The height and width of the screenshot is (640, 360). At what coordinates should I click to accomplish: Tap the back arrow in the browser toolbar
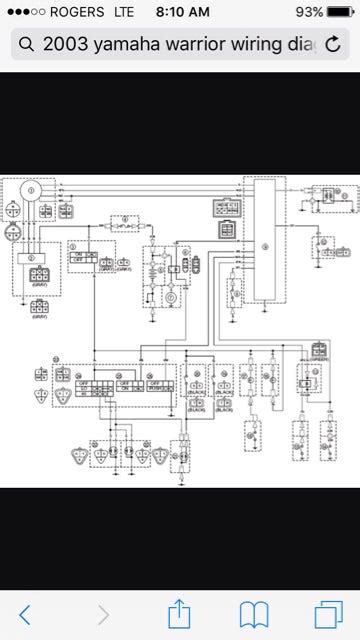[25, 612]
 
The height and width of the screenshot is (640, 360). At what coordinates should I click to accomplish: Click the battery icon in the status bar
[340, 12]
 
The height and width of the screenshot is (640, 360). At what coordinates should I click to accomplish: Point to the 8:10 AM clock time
[180, 12]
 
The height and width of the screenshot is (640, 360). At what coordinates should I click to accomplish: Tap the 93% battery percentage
[309, 12]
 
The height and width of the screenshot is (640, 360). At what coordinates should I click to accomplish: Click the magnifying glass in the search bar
[26, 45]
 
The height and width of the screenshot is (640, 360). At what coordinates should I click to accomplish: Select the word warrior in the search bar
[186, 45]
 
